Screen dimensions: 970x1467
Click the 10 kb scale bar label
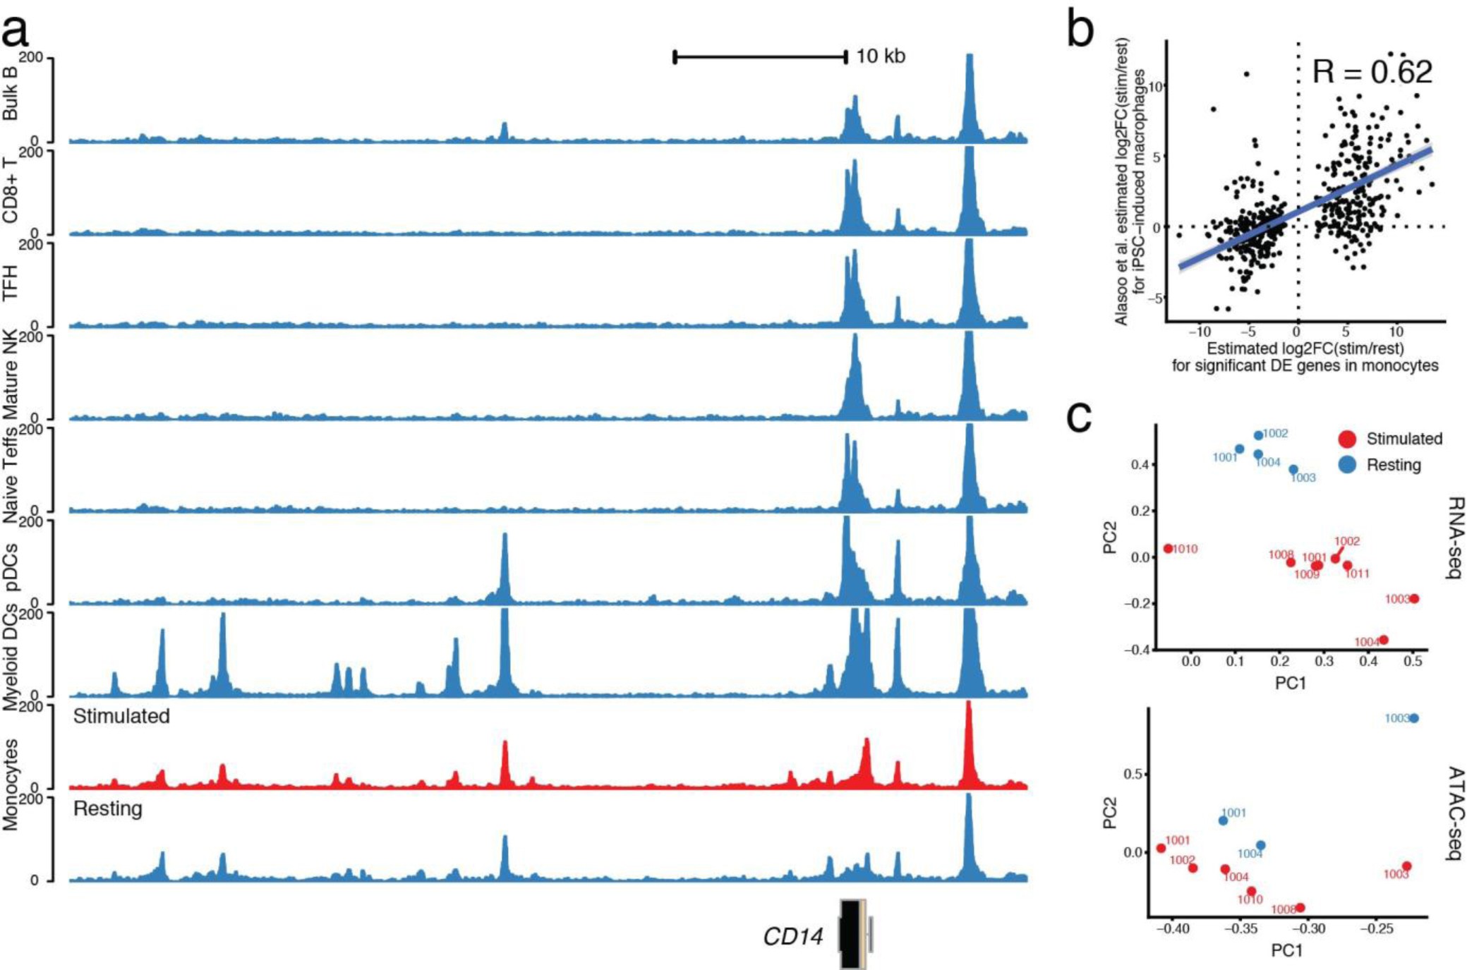880,56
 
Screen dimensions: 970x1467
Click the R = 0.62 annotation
1372,72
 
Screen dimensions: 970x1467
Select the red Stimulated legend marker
1347,439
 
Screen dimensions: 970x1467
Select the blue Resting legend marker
1347,465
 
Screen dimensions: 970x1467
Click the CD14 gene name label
792,937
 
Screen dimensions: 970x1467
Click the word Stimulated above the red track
121,716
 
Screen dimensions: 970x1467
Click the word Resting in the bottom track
108,808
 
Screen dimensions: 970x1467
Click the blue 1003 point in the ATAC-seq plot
1413,718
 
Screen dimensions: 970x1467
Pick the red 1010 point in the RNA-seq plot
1169,548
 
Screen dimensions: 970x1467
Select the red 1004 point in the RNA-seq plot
1384,640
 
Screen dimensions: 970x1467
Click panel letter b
1080,30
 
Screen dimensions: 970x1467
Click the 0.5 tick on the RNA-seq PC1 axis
1413,661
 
